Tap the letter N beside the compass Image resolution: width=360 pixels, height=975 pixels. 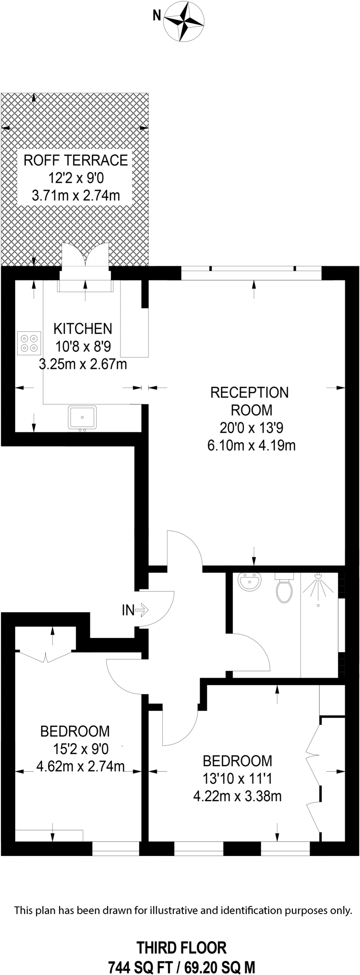[156, 16]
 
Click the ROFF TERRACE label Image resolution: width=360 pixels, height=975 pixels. [76, 160]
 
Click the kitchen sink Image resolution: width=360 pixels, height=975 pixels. [82, 418]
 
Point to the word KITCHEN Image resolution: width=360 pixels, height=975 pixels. [82, 328]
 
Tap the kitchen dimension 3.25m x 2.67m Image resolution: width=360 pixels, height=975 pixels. [82, 365]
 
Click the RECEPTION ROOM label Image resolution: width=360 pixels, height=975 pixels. [250, 401]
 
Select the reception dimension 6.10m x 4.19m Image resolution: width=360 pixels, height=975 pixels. [251, 446]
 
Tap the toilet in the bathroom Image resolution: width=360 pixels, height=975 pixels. [284, 588]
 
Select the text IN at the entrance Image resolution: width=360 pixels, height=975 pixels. [128, 610]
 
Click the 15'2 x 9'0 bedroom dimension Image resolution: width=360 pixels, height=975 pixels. [81, 749]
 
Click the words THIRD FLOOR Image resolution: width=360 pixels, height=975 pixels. [181, 935]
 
